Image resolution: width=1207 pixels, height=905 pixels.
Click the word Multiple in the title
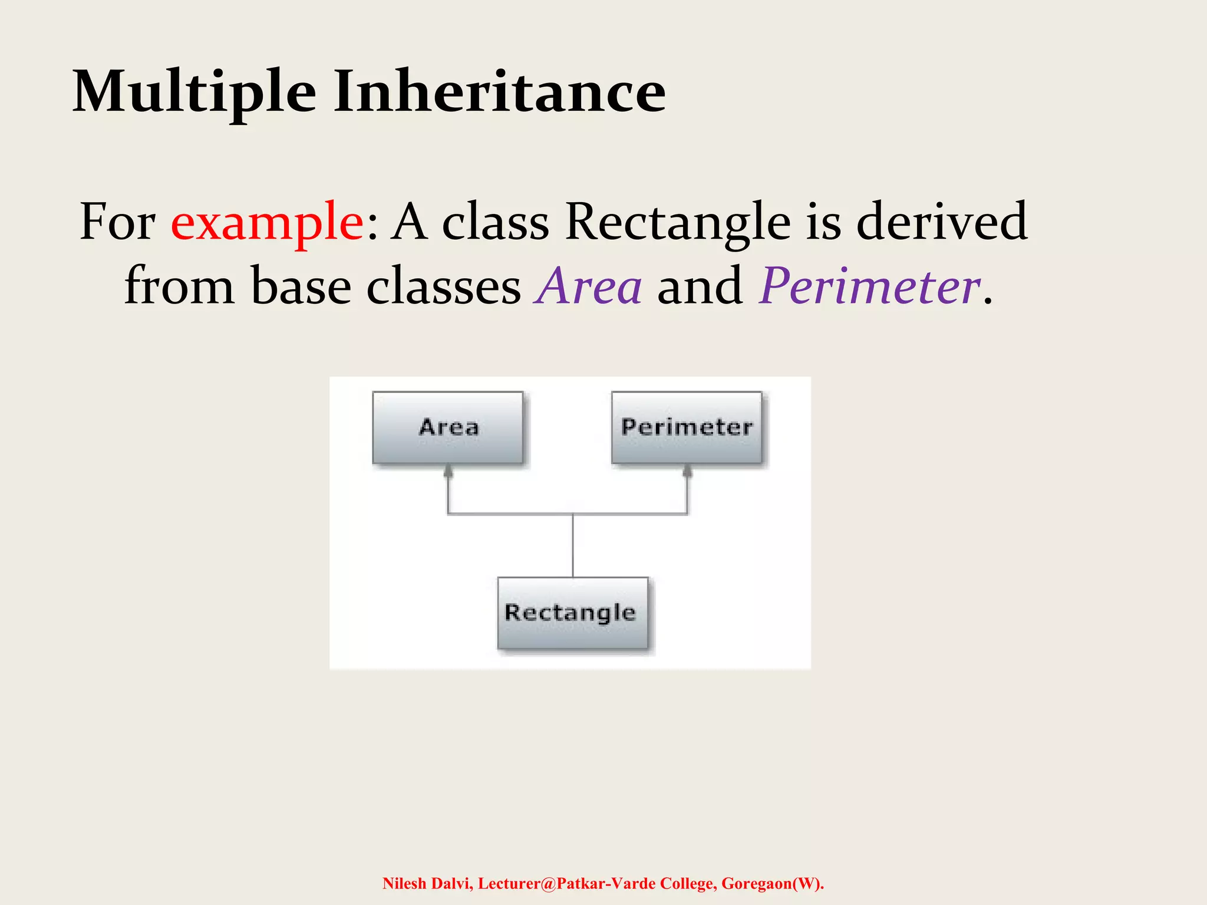[x=194, y=93]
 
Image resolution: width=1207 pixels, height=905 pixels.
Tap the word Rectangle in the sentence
[x=678, y=223]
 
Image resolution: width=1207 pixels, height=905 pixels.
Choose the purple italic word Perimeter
[x=870, y=287]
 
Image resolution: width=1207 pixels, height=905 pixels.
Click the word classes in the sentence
[x=444, y=287]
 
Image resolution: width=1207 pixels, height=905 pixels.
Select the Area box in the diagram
[x=448, y=427]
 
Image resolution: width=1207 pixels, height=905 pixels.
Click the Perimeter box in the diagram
[x=687, y=427]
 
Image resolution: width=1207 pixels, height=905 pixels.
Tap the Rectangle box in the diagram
[x=572, y=613]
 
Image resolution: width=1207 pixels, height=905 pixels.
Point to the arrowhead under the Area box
[x=448, y=470]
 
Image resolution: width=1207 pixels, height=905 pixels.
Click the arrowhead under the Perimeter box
[x=687, y=470]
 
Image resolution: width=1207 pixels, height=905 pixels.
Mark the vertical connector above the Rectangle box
[x=573, y=546]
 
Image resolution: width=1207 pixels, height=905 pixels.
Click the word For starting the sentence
[x=117, y=223]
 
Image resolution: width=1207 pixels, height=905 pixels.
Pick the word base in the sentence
[x=301, y=287]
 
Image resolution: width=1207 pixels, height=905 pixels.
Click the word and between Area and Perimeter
[x=700, y=287]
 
